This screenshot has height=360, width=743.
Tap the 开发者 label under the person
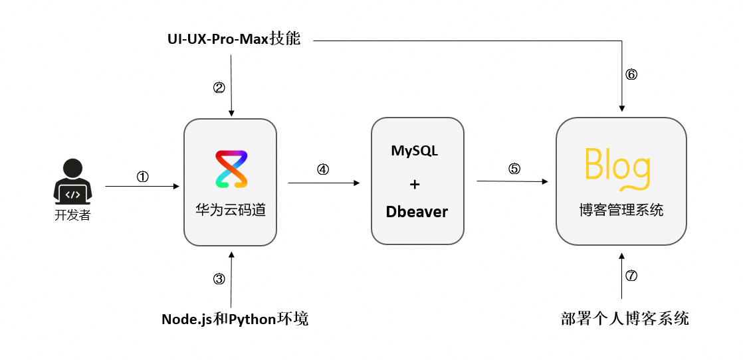(72, 215)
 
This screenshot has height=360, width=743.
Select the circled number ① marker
(143, 177)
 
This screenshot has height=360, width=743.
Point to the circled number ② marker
(219, 88)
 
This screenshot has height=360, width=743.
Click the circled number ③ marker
(219, 279)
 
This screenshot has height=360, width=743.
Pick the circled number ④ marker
(323, 169)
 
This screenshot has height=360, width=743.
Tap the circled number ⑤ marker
(514, 169)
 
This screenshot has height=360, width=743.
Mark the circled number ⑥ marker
(631, 74)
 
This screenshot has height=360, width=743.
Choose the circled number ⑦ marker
(631, 276)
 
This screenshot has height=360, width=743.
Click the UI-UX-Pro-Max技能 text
(234, 39)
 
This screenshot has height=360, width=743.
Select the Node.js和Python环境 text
(235, 319)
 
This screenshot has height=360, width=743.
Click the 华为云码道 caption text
(231, 211)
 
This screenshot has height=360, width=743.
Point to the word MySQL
(415, 151)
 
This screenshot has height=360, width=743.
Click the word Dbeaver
(417, 212)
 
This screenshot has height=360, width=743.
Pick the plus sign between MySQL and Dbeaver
(415, 184)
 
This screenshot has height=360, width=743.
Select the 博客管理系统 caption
(621, 210)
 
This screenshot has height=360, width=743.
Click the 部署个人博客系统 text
(625, 318)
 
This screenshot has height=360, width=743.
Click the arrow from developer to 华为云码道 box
(142, 187)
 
